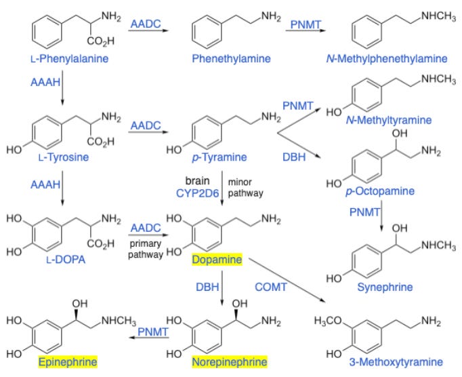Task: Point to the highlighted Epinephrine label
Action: point(68,362)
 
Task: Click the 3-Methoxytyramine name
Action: point(392,362)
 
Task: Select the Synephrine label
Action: point(385,287)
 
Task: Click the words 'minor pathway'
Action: point(245,188)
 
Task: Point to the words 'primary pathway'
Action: point(145,250)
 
